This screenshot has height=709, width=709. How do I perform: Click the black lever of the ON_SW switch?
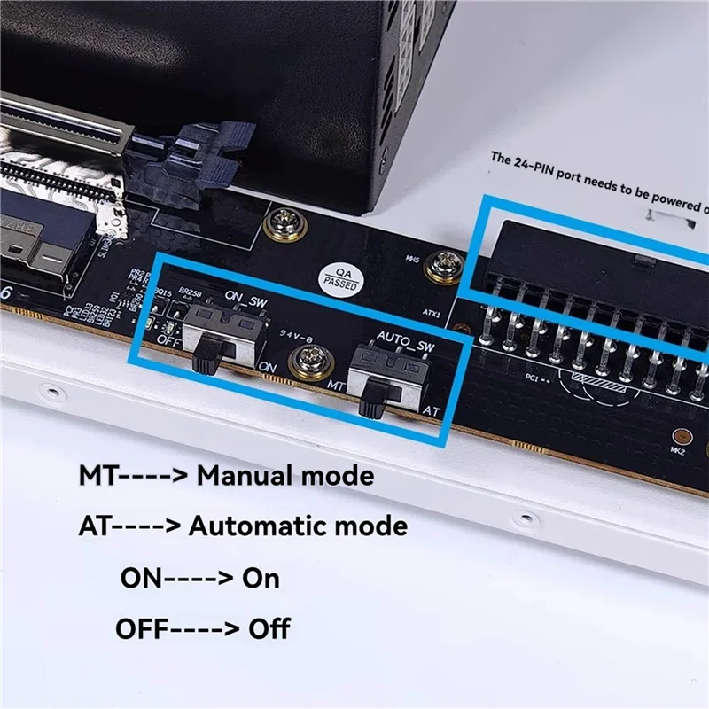205,355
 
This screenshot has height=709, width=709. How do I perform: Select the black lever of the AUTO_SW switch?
372,403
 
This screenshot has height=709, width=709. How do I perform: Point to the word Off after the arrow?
269,630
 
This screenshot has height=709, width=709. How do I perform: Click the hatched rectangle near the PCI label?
612,378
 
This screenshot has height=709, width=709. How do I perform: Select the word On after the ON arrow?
261,579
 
